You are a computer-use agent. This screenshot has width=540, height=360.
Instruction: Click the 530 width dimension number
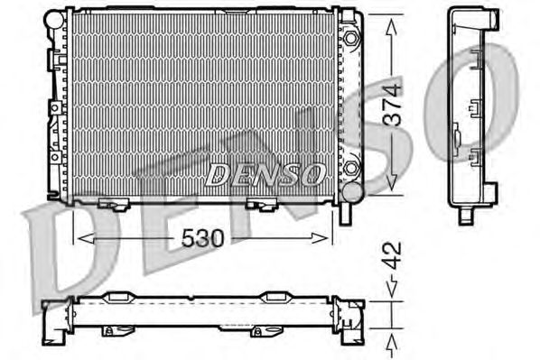tap(202, 238)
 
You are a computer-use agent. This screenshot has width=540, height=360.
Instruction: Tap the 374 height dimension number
tap(392, 105)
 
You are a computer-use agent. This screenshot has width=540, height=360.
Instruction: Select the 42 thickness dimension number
tap(392, 255)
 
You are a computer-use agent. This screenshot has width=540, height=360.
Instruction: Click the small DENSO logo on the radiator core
tap(265, 174)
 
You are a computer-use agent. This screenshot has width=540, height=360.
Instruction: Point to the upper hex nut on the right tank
tap(350, 38)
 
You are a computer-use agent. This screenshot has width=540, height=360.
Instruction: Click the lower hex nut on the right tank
tap(350, 169)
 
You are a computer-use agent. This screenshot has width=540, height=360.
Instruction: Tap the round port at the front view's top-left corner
tap(54, 20)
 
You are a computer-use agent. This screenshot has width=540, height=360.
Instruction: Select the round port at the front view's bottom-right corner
tap(353, 192)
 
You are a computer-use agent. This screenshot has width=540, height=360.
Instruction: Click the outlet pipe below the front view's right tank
tap(346, 214)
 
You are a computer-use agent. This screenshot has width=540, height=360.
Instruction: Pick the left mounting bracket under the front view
tap(114, 204)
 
